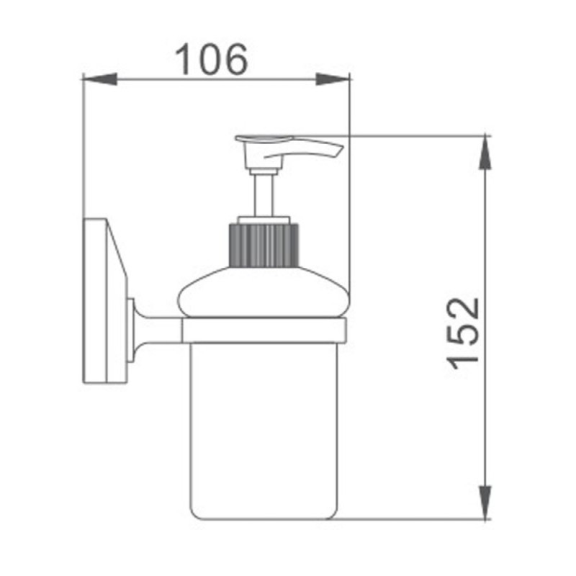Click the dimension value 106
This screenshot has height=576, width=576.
[211, 60]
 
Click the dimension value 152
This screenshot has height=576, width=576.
[463, 333]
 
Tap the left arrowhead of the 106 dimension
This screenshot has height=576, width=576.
[100, 79]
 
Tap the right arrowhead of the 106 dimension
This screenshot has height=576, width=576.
[333, 79]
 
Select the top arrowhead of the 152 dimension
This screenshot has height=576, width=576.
[485, 152]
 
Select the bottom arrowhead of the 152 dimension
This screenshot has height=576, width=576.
[485, 503]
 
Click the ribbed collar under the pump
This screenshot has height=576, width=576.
[264, 245]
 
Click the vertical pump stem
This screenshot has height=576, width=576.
[263, 195]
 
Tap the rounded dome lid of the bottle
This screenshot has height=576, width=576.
[262, 292]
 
